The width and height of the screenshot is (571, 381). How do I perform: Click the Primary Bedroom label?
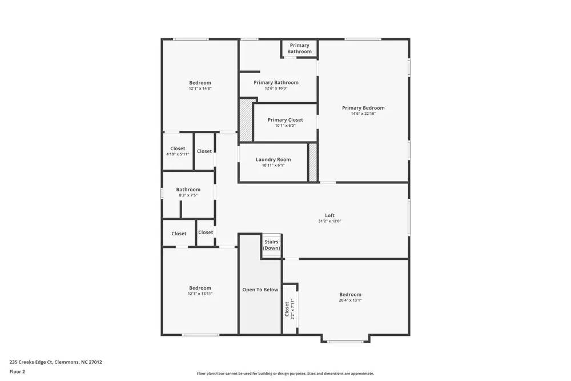[x=363, y=108]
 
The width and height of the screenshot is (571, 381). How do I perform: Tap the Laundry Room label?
[x=273, y=159]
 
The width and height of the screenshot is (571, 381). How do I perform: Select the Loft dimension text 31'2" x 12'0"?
[x=329, y=221]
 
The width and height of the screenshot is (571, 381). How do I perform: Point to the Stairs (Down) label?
[x=272, y=245]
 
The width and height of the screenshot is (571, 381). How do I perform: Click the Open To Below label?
[x=260, y=290]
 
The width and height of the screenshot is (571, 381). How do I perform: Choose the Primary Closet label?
[x=285, y=120]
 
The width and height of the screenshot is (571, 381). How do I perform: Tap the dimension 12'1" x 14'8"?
[x=200, y=89]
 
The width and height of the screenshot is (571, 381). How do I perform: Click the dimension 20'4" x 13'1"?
[x=350, y=300]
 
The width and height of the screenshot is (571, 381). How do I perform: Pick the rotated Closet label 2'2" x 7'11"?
[x=289, y=308]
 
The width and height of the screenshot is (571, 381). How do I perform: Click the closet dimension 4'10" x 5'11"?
[x=178, y=154]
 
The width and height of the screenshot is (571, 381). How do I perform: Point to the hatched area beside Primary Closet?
[x=246, y=120]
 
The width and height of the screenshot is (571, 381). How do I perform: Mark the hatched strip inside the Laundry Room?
[x=313, y=163]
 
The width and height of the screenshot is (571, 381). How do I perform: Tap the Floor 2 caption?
[x=17, y=371]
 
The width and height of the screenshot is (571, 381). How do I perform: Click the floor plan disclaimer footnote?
[x=285, y=374]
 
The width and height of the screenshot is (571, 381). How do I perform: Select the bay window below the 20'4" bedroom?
[x=345, y=342]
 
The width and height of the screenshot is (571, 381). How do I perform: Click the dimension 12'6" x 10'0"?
[x=276, y=89]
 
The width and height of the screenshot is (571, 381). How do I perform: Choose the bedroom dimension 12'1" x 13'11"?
[x=200, y=294]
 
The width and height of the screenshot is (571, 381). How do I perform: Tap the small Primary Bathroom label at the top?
[x=299, y=49]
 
